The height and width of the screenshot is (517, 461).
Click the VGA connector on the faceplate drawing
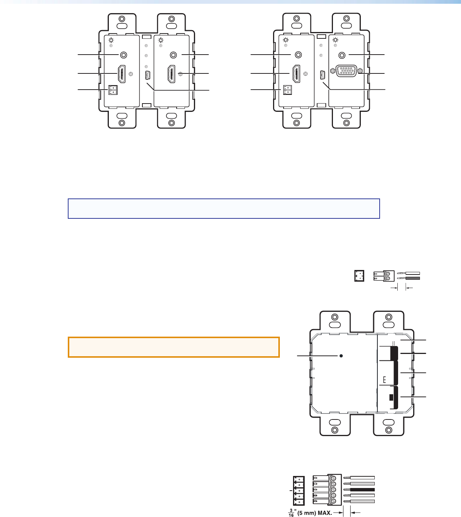pyautogui.click(x=347, y=71)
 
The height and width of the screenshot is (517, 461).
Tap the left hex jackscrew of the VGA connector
pyautogui.click(x=333, y=71)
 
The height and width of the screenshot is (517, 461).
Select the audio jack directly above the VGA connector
pyautogui.click(x=342, y=55)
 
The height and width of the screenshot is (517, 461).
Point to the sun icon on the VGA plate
pyautogui.click(x=336, y=40)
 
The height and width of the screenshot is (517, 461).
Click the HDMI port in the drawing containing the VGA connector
pyautogui.click(x=296, y=73)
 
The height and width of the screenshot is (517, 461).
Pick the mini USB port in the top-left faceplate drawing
pyautogui.click(x=148, y=75)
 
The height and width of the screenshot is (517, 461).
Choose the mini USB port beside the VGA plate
pyautogui.click(x=322, y=75)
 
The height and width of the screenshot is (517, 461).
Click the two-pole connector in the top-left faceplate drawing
pyautogui.click(x=113, y=90)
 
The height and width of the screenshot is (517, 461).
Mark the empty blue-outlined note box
pyautogui.click(x=224, y=209)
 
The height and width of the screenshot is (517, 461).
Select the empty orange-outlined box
pyautogui.click(x=174, y=347)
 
